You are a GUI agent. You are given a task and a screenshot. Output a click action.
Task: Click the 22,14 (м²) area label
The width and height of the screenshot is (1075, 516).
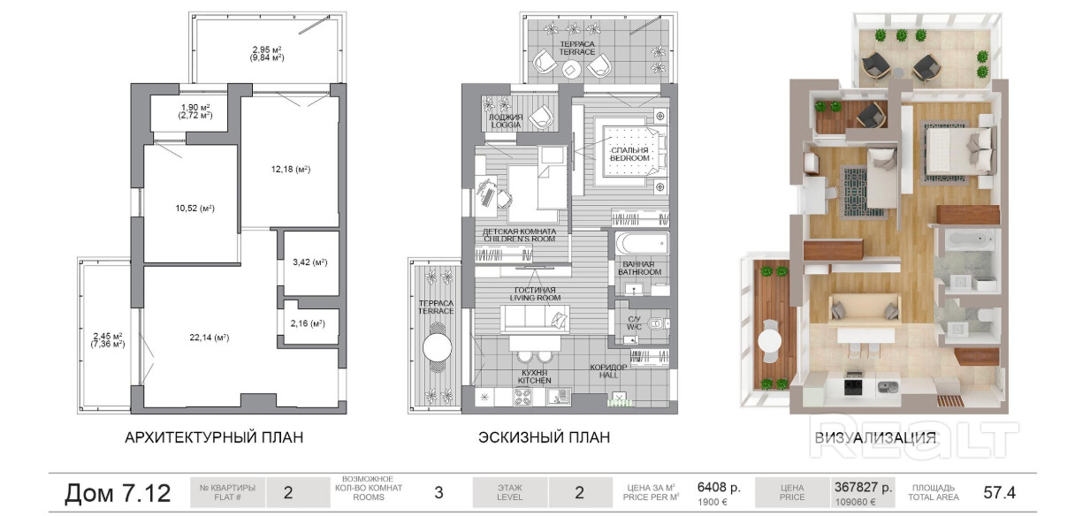210,338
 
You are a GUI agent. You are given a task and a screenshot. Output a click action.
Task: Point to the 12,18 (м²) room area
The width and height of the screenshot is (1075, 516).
291,170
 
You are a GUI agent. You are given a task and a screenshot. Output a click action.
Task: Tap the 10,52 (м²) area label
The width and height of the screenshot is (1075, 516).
194,209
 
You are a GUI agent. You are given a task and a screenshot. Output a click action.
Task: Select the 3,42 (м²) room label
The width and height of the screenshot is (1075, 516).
310,262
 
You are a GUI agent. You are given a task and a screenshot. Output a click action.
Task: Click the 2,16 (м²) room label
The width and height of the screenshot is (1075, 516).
308,323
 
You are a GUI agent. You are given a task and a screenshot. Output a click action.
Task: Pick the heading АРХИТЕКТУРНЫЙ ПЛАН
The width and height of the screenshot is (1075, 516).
214,437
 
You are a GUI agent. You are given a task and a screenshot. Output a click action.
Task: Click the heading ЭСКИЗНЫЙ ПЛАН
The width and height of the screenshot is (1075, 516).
545,437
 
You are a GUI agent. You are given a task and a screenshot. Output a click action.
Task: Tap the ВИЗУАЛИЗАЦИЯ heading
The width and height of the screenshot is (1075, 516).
875,438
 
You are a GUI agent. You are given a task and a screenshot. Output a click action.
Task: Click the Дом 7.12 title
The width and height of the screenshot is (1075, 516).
118,493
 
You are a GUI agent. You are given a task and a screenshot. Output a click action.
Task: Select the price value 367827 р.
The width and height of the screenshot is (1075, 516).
864,487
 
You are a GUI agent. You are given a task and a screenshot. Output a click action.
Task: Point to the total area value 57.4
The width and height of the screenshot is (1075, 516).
1000,492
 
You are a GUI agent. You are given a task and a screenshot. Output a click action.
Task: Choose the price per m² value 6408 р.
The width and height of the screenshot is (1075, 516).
719,487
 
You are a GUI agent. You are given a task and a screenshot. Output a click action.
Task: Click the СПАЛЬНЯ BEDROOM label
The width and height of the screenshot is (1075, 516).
629,154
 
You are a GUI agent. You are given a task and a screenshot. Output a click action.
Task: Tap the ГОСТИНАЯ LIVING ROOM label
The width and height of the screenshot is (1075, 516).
535,294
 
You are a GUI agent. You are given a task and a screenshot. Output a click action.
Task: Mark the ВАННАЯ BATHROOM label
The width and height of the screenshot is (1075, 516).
639,268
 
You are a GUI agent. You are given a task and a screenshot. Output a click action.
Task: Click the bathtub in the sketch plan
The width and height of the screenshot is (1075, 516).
642,244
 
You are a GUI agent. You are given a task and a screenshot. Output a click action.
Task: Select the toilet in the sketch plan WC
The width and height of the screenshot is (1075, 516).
657,323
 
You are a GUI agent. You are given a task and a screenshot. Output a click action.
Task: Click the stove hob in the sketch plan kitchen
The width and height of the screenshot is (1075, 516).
522,396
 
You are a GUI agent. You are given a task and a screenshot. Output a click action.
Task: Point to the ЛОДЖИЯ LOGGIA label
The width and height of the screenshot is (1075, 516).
506,121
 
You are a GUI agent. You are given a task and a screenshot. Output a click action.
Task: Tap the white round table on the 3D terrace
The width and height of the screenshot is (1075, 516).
770,341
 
